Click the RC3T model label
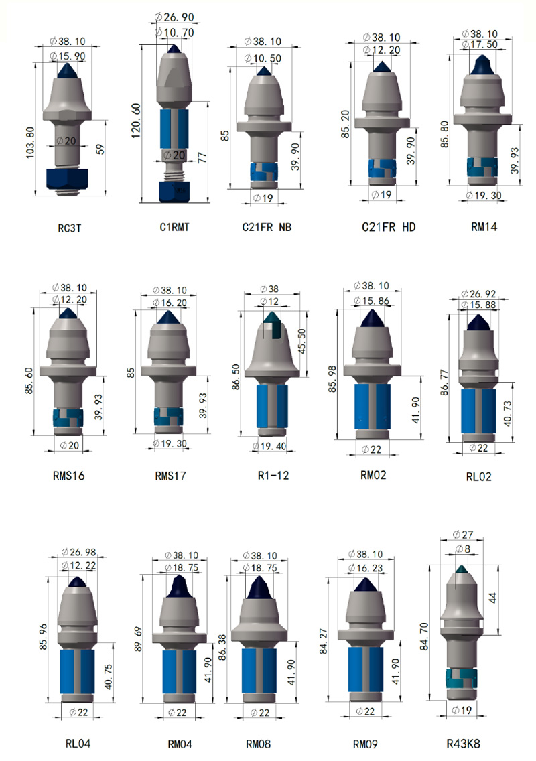[x=70, y=228]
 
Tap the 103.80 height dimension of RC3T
[x=30, y=143]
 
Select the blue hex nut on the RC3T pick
[x=67, y=179]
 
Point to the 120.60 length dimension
[x=136, y=120]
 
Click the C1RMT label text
[x=174, y=227]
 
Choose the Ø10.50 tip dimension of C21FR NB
[x=263, y=58]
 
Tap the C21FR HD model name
[x=389, y=227]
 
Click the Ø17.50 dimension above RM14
[x=480, y=44]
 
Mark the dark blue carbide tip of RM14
[x=482, y=65]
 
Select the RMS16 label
[x=68, y=476]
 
